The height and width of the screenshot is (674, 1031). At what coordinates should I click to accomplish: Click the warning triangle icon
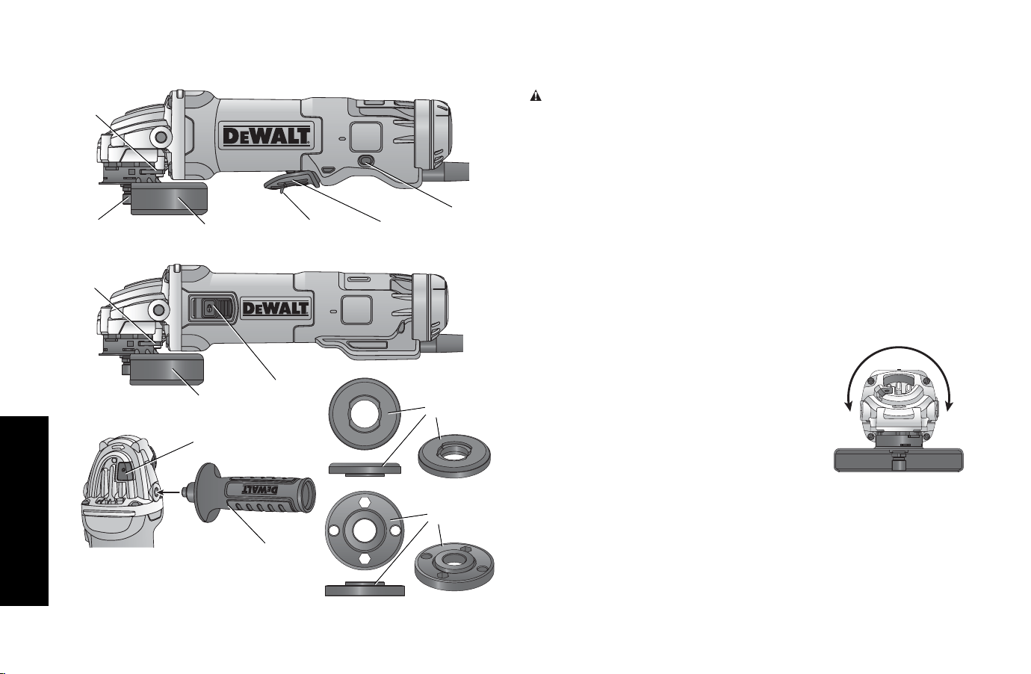coord(536,96)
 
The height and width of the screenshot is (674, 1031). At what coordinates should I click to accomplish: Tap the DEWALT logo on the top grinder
coord(267,136)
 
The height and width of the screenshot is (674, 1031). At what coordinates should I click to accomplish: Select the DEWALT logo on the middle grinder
coord(275,308)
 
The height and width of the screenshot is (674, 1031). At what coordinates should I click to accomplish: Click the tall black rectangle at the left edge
coord(24,511)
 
